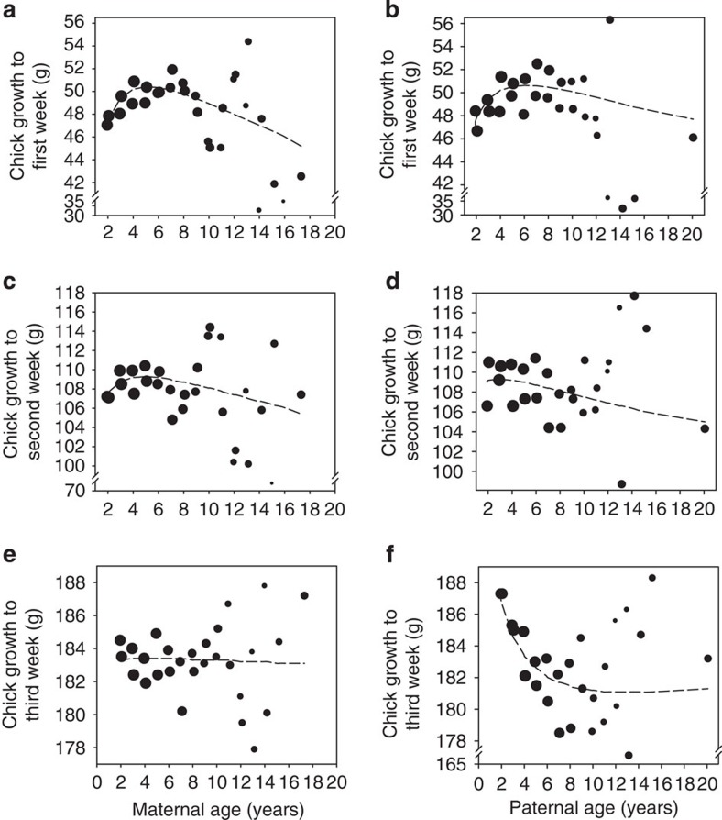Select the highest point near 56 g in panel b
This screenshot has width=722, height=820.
609,19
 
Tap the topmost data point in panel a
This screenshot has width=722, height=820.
248,41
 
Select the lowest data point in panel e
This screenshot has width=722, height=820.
254,748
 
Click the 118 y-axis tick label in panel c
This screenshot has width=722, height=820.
71,293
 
